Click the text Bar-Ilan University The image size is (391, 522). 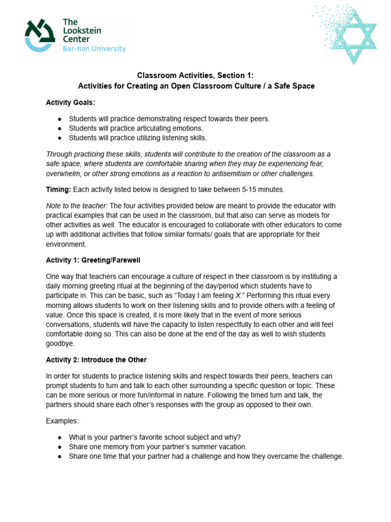94,49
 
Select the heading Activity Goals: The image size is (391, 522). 71,102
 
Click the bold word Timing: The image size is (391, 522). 59,190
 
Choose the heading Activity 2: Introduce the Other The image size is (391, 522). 96,360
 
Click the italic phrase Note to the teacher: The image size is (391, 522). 76,205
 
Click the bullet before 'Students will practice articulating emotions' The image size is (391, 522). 60,128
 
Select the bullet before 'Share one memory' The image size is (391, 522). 60,447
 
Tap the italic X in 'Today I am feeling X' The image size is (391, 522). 233,296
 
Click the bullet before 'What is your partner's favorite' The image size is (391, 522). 60,437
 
